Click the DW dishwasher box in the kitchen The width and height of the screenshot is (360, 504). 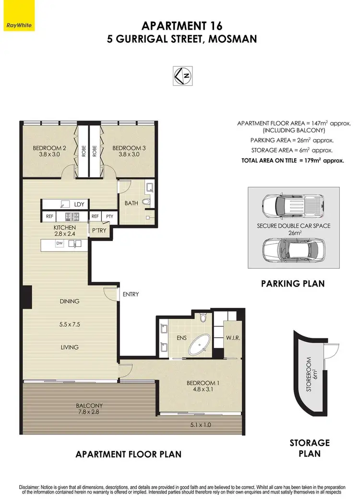point(59,244)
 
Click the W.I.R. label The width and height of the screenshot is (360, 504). point(233,338)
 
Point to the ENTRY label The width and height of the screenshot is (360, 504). point(131,294)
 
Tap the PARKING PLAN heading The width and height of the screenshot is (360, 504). point(293,284)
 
